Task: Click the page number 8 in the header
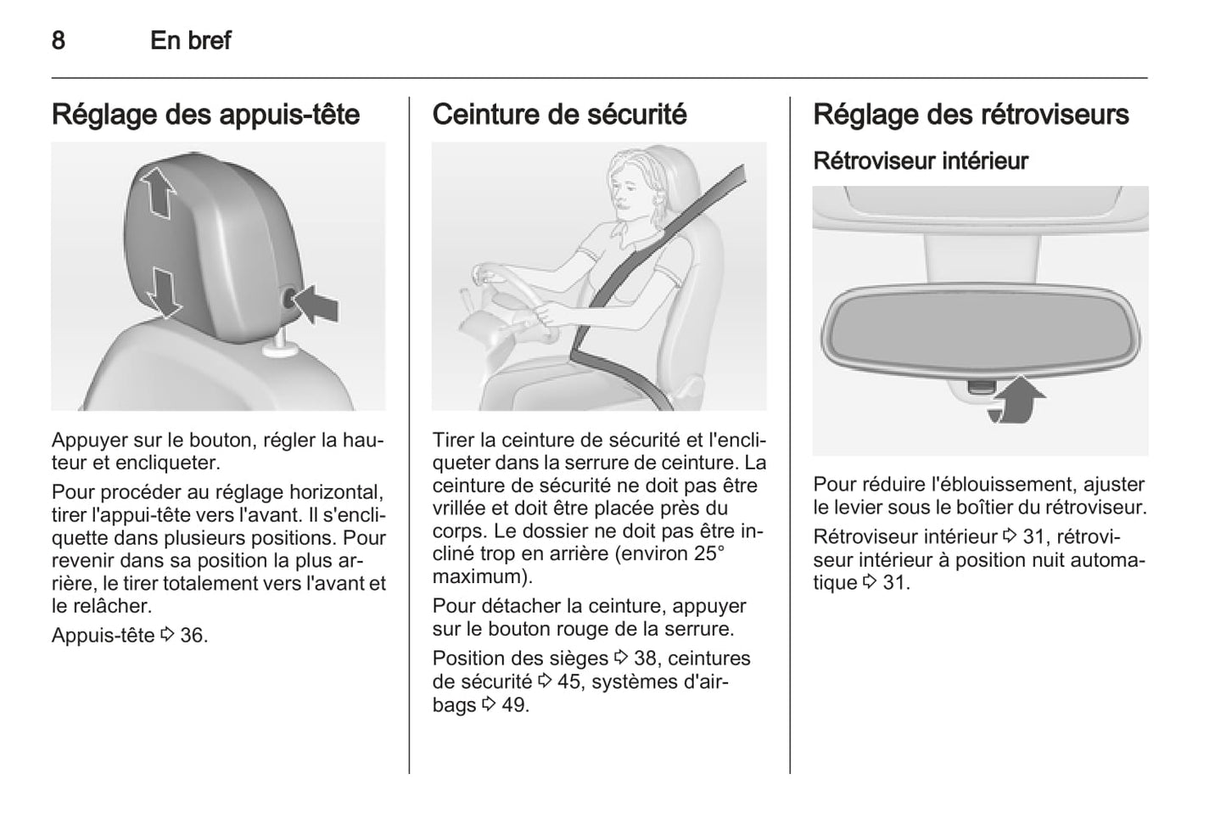(59, 41)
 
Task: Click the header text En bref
(190, 41)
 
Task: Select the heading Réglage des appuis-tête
(206, 115)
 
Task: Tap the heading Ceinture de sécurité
(559, 115)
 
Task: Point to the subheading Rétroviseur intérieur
(921, 161)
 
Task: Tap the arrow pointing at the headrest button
(316, 304)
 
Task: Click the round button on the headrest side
(289, 299)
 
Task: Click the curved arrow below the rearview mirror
(1016, 401)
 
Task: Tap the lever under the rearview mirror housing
(980, 388)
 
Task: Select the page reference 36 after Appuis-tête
(193, 636)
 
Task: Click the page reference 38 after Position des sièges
(646, 659)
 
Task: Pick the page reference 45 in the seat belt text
(569, 682)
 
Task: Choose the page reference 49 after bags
(515, 705)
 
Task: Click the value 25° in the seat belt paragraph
(709, 553)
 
